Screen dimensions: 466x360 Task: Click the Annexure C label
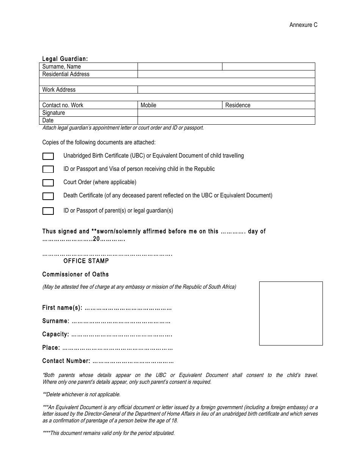coord(303,25)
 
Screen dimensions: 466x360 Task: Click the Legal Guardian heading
coord(65,59)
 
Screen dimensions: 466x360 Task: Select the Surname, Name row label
coord(61,67)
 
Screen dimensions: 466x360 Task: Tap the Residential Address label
coord(66,74)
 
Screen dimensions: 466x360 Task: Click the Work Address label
coord(59,90)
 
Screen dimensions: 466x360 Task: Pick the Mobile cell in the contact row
coord(179,105)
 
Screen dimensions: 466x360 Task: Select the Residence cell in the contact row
coord(268,105)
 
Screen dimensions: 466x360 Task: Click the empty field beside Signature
coord(226,113)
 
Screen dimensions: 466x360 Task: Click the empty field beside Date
coord(226,120)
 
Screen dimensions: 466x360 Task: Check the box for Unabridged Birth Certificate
coord(48,156)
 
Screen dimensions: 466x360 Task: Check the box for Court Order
coord(48,183)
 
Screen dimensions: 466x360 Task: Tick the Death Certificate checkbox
coord(48,196)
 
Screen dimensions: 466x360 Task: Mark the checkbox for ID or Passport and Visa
coord(48,169)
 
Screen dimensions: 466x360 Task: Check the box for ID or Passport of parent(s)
coord(48,211)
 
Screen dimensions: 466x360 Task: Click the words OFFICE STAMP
coord(86,261)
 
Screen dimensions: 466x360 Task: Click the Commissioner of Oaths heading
coord(75,274)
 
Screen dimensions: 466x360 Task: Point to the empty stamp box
coord(291,313)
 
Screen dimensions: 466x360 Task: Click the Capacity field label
coord(56,335)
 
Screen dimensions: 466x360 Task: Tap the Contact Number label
coord(66,361)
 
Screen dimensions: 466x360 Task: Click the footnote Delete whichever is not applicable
coord(81,394)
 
